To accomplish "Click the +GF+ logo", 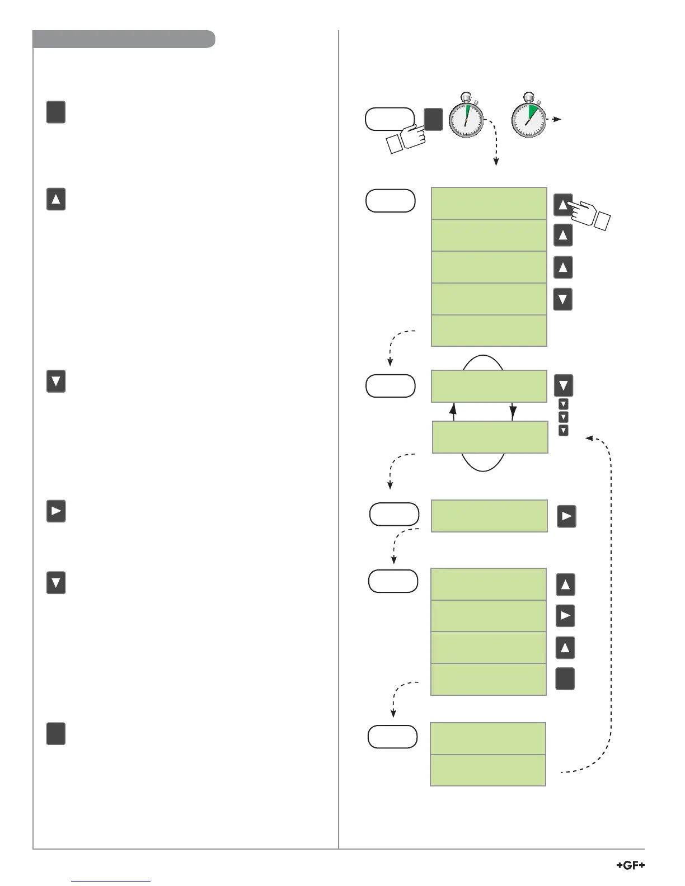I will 630,865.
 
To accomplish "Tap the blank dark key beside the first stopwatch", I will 433,119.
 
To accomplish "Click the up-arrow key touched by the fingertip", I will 562,204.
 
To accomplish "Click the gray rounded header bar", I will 124,39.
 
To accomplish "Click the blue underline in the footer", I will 111,881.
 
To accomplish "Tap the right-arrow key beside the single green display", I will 566,516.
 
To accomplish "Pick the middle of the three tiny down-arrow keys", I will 564,417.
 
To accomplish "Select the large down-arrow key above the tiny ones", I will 563,385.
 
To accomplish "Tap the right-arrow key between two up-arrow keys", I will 565,616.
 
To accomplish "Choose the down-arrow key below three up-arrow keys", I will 562,299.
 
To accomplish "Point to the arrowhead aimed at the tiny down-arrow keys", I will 589,438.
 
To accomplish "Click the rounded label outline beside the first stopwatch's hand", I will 390,119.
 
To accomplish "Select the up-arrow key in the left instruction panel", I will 56,199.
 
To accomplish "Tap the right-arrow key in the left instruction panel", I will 56,511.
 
